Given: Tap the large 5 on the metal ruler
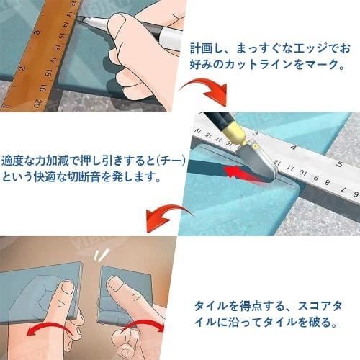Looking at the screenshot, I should (x=336, y=164).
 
